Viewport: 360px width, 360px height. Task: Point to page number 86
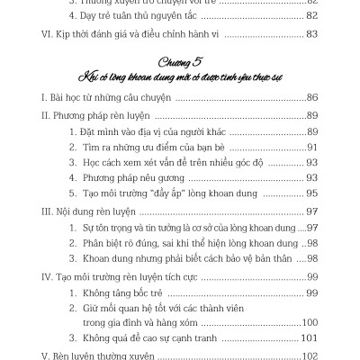pyautogui.click(x=311, y=96)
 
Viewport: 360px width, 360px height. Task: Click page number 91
pyautogui.click(x=311, y=147)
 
